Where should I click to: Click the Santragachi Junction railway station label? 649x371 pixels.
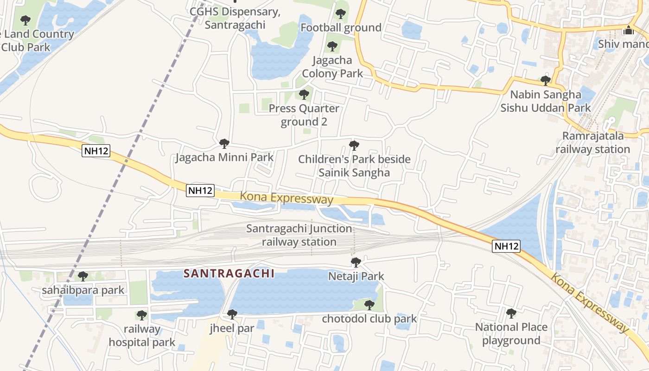[299, 235]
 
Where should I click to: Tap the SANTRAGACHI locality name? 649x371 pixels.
[229, 274]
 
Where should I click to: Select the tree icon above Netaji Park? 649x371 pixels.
[356, 262]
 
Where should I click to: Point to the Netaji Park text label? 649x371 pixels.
[356, 276]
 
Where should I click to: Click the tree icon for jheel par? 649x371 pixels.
[232, 314]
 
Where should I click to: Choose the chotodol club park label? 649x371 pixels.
[369, 319]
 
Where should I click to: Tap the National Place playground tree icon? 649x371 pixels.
[511, 313]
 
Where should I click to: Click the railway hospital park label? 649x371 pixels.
[142, 336]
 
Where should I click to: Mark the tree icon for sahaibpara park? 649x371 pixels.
[83, 276]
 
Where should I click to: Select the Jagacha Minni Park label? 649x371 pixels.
[224, 157]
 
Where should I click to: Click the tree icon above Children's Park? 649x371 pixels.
[354, 146]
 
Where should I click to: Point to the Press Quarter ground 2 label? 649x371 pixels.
[304, 115]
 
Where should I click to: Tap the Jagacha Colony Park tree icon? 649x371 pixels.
[332, 46]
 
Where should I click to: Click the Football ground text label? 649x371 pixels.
[341, 28]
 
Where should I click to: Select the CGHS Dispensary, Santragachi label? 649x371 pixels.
[235, 18]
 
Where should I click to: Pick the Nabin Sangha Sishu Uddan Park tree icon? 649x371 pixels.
[546, 81]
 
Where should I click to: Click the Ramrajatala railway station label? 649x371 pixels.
[592, 142]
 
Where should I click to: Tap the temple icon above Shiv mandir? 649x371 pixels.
[629, 30]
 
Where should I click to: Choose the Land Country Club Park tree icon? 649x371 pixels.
[25, 20]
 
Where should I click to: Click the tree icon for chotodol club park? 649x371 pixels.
[369, 305]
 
